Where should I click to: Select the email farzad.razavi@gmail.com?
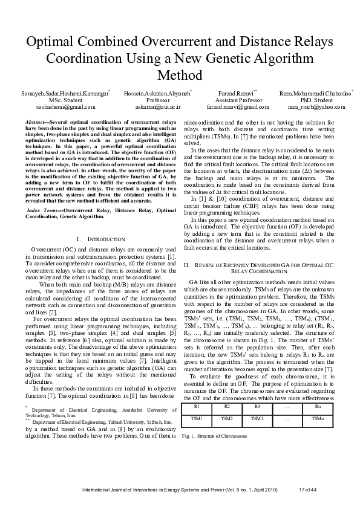tap(233, 106)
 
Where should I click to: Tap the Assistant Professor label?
tap(233, 100)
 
